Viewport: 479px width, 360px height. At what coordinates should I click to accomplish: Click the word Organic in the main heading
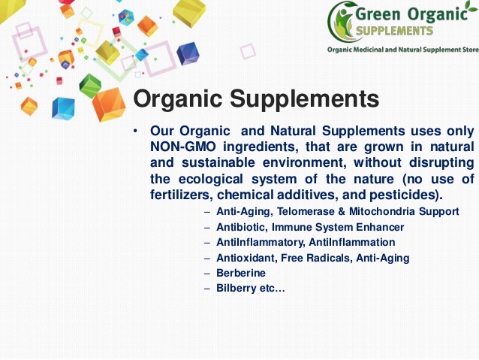(x=178, y=99)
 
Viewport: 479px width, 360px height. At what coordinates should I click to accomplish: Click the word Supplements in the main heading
(x=305, y=99)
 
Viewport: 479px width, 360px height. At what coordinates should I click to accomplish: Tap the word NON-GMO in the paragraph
(x=183, y=147)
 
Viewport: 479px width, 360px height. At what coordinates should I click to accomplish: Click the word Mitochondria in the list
(x=382, y=211)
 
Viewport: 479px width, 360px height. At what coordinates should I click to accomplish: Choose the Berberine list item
(x=241, y=273)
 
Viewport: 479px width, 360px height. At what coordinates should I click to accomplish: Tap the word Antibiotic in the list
(x=242, y=227)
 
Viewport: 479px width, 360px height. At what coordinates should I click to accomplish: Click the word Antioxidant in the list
(x=246, y=258)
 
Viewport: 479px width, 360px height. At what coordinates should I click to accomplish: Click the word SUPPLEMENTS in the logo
(x=395, y=31)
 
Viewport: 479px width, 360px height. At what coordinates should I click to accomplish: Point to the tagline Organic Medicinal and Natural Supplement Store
(x=403, y=50)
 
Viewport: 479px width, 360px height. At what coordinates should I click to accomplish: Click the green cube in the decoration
(x=90, y=86)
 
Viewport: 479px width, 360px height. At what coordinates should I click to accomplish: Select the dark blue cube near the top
(x=188, y=54)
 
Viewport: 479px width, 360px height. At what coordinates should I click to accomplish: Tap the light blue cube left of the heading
(x=63, y=108)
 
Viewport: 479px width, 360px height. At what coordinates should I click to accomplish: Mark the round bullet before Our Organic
(x=135, y=132)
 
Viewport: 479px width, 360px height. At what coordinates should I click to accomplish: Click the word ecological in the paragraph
(x=211, y=179)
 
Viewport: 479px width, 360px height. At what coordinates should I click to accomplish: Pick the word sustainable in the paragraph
(x=218, y=162)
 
